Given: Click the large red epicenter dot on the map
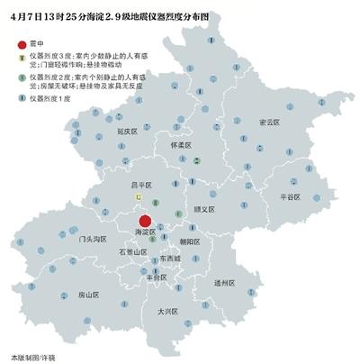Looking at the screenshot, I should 143,221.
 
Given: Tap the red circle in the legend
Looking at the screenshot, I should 22,44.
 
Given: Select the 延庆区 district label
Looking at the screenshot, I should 127,132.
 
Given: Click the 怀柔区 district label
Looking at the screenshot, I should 183,144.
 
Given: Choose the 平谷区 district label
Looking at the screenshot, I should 294,196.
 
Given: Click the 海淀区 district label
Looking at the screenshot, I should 144,232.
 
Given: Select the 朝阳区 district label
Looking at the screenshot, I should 189,241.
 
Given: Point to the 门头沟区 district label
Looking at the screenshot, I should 93,240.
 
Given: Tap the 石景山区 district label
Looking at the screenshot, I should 133,253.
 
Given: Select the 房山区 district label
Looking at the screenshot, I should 87,295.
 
